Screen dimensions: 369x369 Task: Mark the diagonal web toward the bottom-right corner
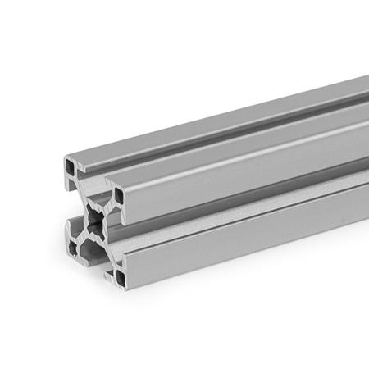(108, 248)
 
